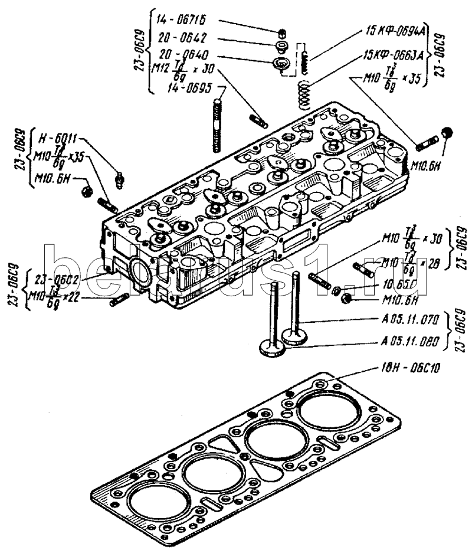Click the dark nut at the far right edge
coord(447,133)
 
